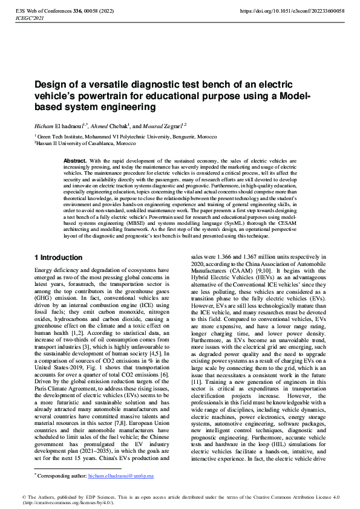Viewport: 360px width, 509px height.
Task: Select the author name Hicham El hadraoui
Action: (60, 125)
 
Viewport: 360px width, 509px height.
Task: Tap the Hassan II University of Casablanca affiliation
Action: (85, 144)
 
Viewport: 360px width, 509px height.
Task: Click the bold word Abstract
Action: (74, 161)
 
